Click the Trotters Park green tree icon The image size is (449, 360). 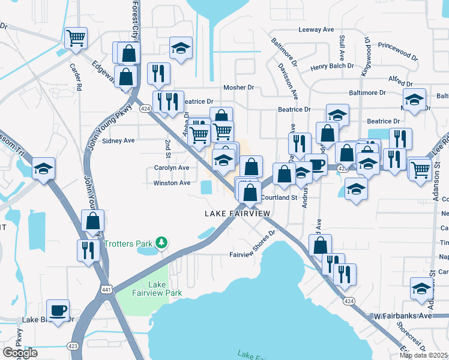[161, 242]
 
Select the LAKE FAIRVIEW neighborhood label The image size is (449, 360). [237, 214]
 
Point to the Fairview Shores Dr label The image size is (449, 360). [252, 254]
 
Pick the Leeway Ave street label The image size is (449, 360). [316, 29]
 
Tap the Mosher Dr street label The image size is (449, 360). [238, 88]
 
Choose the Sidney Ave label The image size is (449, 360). [118, 140]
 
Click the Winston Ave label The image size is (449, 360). [172, 183]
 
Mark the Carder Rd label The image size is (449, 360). [75, 77]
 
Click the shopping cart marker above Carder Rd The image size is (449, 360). [76, 38]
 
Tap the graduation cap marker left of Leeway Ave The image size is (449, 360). [181, 48]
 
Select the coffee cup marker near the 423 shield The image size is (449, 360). [58, 311]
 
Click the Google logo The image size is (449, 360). [20, 353]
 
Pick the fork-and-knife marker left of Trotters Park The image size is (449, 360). [88, 249]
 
